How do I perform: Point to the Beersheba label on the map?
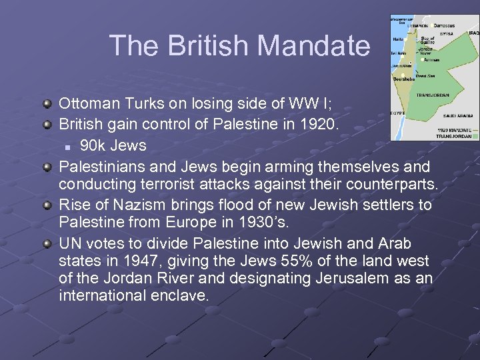(404, 79)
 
